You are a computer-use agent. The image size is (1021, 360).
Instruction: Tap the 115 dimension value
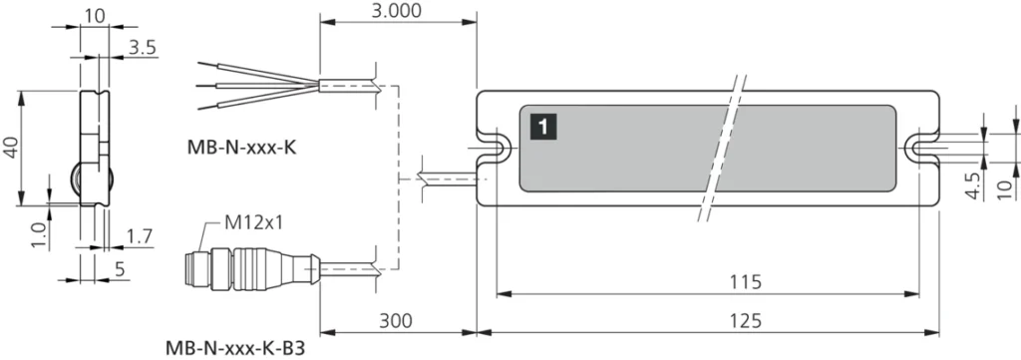tap(739, 281)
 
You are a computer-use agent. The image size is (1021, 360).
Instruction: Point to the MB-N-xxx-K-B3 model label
tap(236, 348)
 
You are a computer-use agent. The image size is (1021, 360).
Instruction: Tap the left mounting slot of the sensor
tap(495, 148)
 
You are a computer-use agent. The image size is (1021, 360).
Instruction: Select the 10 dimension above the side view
tap(95, 15)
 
